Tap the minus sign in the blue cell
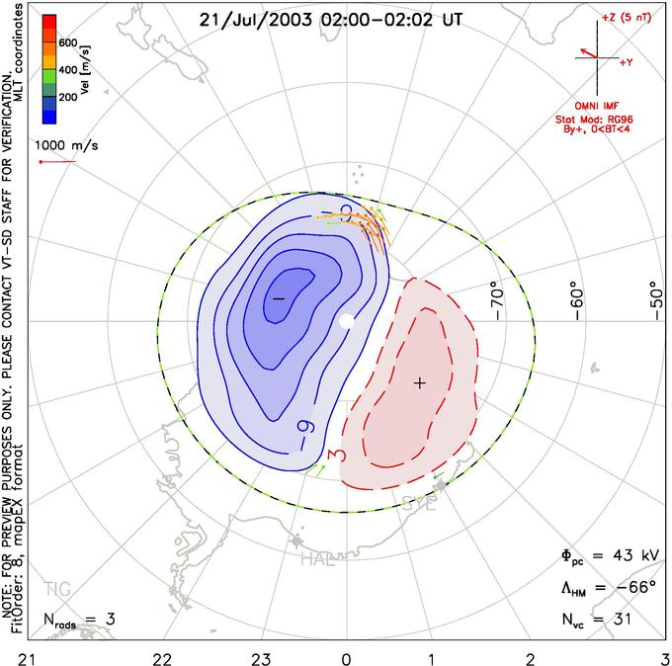click(278, 298)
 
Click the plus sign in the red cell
click(419, 382)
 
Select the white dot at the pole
click(346, 321)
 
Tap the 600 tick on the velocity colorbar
click(68, 43)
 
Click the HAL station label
click(318, 560)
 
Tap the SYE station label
click(419, 504)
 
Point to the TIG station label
click(57, 591)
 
